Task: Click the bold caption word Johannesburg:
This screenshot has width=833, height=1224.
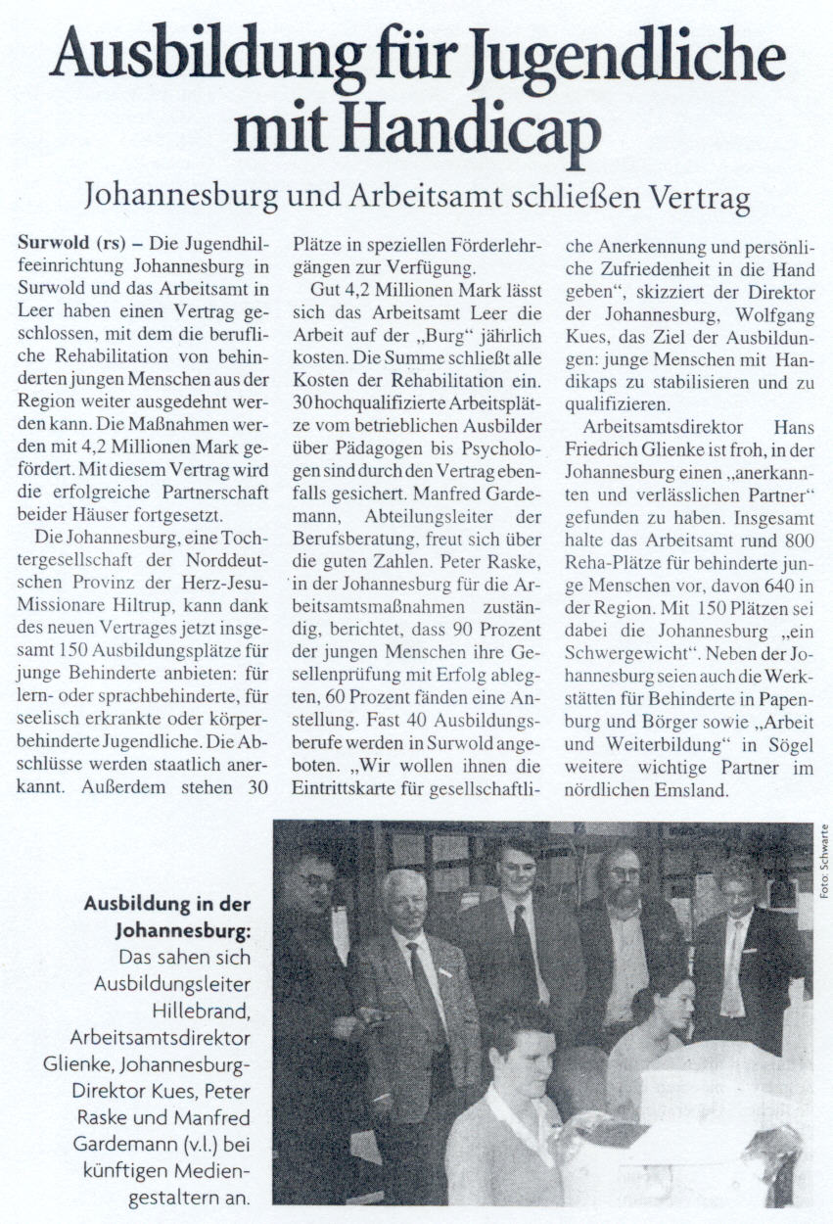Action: [x=183, y=930]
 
